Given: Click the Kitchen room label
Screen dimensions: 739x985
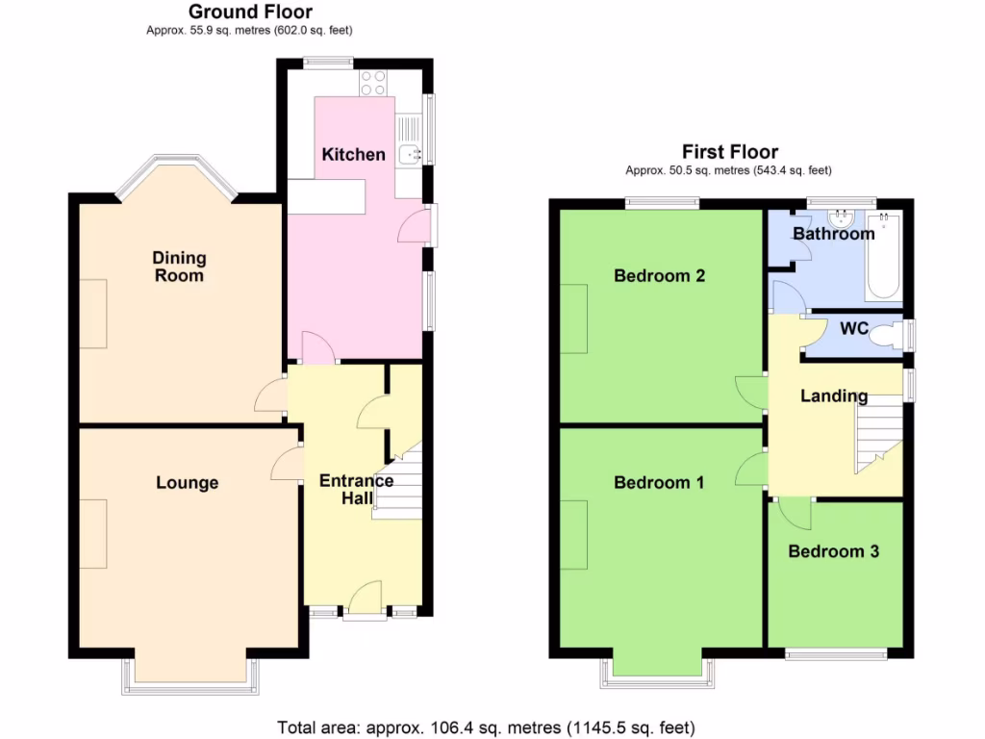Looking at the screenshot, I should tap(353, 155).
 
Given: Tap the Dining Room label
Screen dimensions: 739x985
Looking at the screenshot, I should tap(179, 267).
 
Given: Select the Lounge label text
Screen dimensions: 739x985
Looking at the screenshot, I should tap(188, 483).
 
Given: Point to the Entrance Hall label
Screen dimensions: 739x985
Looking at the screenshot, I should tap(356, 489).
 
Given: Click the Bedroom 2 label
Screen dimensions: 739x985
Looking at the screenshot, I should tap(660, 276).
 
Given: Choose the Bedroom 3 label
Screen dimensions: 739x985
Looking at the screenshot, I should tap(833, 551).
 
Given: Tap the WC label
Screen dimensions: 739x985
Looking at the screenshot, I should tap(854, 329).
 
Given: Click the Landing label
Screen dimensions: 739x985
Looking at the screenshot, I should tap(834, 395).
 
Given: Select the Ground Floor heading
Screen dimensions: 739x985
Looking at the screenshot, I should tap(250, 13).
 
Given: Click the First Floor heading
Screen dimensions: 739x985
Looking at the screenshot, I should tap(730, 151).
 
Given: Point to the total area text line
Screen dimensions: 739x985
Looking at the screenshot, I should tap(486, 726).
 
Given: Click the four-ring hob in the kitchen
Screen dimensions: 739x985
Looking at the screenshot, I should tap(373, 83).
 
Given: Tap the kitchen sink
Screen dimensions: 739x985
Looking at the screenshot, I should tap(410, 152).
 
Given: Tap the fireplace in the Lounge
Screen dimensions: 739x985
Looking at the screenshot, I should tap(93, 535).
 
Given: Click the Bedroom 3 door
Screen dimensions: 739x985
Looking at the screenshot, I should tap(794, 514).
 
